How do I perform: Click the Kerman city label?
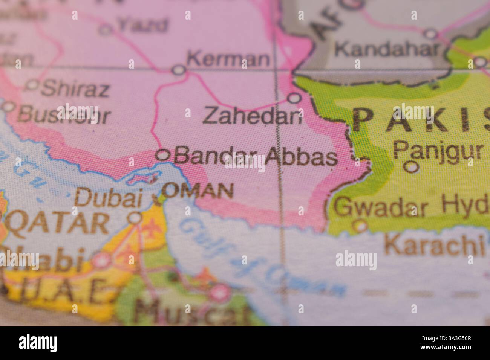[x=228, y=59]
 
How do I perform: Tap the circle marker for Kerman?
[x=178, y=70]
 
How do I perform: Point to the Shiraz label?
[x=75, y=89]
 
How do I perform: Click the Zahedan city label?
[x=253, y=116]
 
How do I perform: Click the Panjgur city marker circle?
[x=412, y=166]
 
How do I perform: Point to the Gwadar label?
[x=383, y=207]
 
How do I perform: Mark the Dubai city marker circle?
[x=135, y=217]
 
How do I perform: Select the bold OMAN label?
[x=198, y=191]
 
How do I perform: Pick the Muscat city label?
[x=192, y=312]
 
